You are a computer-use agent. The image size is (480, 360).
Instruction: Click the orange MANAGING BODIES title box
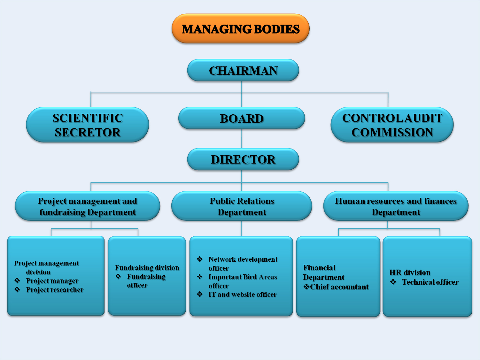(x=241, y=28)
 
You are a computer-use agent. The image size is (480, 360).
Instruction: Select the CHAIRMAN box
(x=243, y=70)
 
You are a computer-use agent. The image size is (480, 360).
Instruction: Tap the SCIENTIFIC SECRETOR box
(x=88, y=125)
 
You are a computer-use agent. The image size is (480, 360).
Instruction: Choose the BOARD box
(x=242, y=118)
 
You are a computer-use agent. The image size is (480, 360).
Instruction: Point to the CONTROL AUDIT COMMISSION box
(x=392, y=125)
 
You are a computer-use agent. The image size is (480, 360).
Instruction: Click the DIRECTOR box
(x=243, y=159)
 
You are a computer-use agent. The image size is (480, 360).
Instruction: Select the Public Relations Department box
(x=242, y=206)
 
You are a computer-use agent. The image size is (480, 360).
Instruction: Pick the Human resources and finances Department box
(x=396, y=206)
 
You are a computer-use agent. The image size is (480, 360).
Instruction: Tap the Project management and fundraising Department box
(x=88, y=206)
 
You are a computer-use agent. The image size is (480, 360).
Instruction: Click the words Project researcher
(x=55, y=290)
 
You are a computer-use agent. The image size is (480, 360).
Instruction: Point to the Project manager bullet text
(x=52, y=281)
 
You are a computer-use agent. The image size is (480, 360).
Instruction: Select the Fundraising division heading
(x=147, y=268)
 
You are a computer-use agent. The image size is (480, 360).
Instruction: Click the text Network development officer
(x=243, y=264)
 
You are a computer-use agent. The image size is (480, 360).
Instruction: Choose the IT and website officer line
(x=243, y=295)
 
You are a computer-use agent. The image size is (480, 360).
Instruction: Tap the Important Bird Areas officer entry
(x=243, y=281)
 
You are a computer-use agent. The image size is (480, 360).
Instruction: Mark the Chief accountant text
(x=339, y=287)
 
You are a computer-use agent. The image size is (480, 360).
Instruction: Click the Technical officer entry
(x=430, y=282)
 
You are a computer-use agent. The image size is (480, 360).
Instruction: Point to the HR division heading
(x=410, y=272)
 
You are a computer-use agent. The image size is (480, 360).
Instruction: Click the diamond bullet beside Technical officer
(x=393, y=282)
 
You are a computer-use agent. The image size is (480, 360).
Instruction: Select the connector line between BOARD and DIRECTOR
(x=242, y=139)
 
